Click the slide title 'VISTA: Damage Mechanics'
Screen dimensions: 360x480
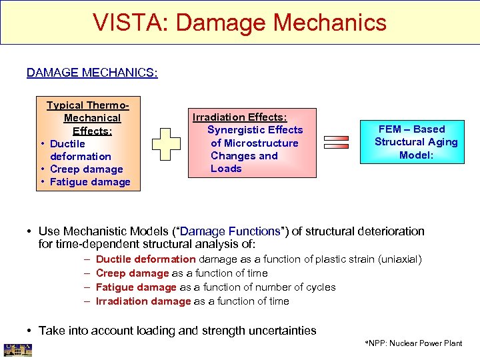[239, 22]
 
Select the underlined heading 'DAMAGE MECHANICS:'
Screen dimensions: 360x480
[92, 72]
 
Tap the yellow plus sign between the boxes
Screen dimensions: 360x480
[166, 142]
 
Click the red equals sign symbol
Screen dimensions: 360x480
[336, 142]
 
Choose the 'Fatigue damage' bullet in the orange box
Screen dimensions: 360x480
[90, 182]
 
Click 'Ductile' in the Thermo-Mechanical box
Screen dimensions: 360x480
[67, 143]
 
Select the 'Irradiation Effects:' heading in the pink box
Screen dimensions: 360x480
[239, 117]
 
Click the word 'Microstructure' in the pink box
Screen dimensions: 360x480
[255, 143]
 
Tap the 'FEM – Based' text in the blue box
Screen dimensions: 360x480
[411, 129]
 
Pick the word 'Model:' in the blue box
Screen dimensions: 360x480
[416, 155]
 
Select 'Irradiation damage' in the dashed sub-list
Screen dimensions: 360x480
[143, 301]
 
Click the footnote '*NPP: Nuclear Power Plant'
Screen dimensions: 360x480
[413, 343]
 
